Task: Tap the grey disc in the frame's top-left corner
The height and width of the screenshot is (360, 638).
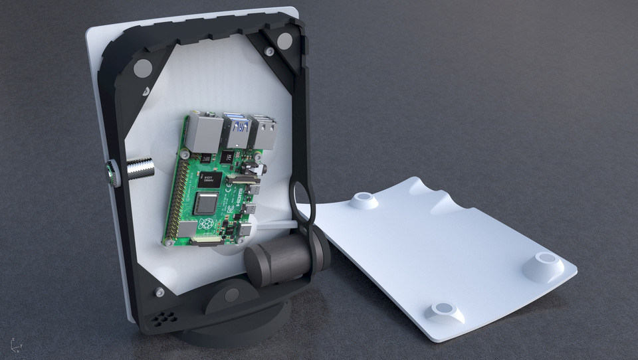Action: point(142,67)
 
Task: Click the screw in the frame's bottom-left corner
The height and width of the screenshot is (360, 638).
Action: point(159,291)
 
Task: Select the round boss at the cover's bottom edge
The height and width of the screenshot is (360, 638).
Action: point(445,311)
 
